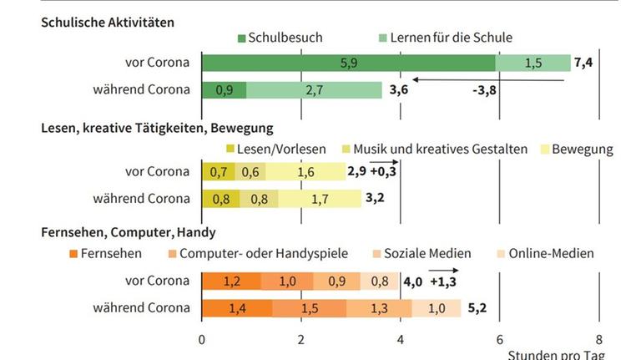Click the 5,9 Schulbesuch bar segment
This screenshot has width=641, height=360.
pyautogui.click(x=348, y=63)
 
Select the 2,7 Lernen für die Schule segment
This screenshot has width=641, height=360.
pyautogui.click(x=314, y=89)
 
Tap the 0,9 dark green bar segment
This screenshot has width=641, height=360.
pyautogui.click(x=224, y=89)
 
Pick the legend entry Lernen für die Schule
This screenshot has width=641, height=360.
pyautogui.click(x=445, y=38)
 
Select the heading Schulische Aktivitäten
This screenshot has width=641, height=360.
pyautogui.click(x=108, y=23)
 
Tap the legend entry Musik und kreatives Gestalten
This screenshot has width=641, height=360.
pyautogui.click(x=439, y=150)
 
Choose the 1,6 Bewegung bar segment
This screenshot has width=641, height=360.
pyautogui.click(x=305, y=173)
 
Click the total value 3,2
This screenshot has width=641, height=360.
pyautogui.click(x=375, y=199)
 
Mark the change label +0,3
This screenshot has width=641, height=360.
pyautogui.click(x=383, y=173)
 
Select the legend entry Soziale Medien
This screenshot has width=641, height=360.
pyautogui.click(x=431, y=253)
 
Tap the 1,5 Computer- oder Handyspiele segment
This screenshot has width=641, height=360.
pyautogui.click(x=310, y=308)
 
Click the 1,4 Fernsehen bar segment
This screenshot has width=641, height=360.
pyautogui.click(x=237, y=308)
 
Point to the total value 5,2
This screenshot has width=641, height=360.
pyautogui.click(x=477, y=308)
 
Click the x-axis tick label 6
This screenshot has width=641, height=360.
pyautogui.click(x=499, y=339)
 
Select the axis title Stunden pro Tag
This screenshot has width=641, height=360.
pyautogui.click(x=556, y=354)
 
